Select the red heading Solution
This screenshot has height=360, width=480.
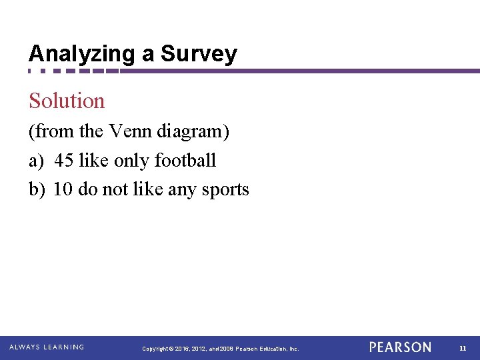click(x=67, y=101)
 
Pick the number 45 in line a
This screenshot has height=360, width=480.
click(x=64, y=161)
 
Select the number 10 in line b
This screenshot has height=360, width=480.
click(x=63, y=189)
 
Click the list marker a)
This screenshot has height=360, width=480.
click(x=36, y=161)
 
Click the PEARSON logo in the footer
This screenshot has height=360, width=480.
click(x=400, y=347)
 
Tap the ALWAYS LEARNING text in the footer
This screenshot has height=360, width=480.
click(x=47, y=347)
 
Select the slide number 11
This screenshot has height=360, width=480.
click(x=463, y=348)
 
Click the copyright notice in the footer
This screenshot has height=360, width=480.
click(x=221, y=349)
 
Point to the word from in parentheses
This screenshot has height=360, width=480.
click(x=53, y=131)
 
